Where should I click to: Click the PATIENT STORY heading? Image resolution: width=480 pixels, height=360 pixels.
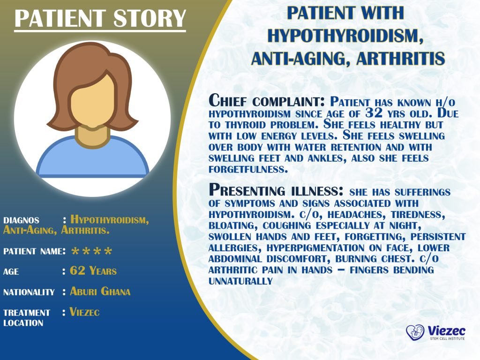(x=100, y=18)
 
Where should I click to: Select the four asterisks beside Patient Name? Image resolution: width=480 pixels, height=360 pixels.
(x=91, y=252)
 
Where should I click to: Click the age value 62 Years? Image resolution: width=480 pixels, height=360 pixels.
(x=93, y=271)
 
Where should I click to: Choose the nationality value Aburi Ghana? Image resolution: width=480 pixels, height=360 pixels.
(x=100, y=292)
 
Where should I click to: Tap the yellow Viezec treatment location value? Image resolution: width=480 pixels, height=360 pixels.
(x=84, y=312)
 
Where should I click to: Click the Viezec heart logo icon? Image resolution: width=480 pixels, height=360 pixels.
(x=415, y=333)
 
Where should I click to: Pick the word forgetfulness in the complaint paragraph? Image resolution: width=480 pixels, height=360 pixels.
(x=248, y=170)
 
